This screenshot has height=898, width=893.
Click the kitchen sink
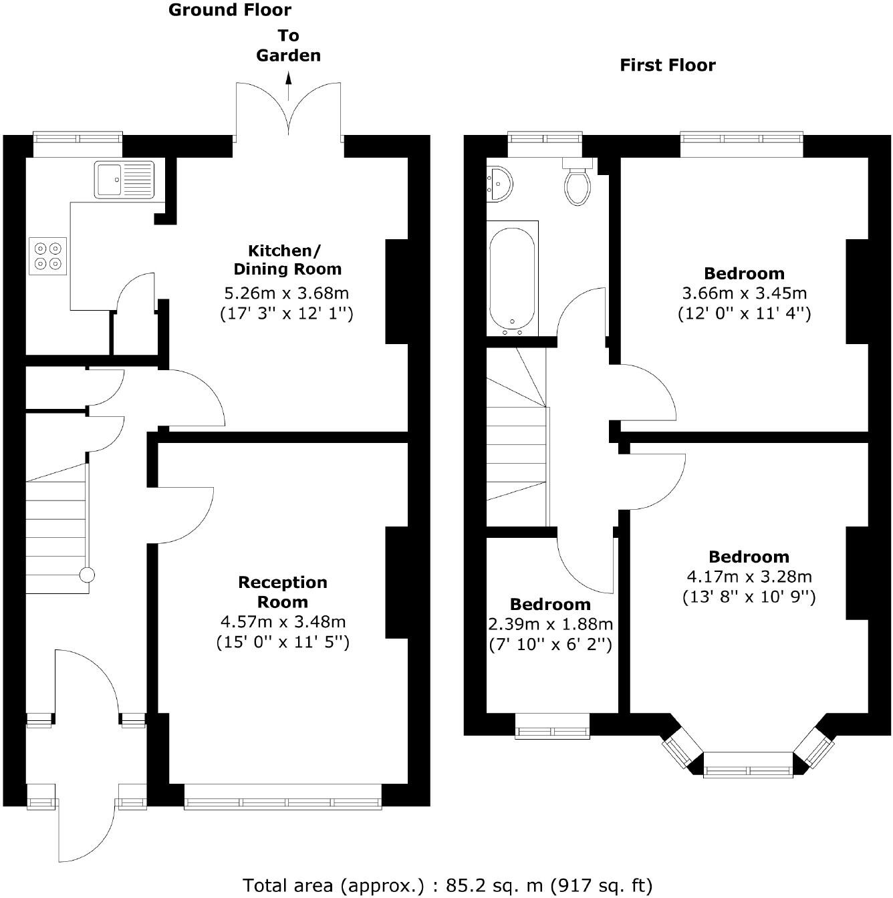[124, 180]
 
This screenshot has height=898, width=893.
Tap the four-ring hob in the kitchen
[47, 256]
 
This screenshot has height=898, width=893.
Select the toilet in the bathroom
[578, 182]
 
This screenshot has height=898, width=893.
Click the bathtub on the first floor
[512, 278]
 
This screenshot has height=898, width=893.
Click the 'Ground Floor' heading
[230, 10]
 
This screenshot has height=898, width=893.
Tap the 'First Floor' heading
[667, 65]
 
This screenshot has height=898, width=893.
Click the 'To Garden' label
[289, 45]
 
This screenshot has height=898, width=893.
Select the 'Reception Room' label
[283, 592]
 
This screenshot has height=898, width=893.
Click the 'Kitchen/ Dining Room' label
[287, 260]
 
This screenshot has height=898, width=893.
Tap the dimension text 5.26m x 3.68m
[286, 293]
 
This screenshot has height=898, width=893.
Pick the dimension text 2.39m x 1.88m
[550, 624]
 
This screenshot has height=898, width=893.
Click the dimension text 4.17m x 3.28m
[749, 577]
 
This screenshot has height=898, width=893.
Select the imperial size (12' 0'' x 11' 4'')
[744, 313]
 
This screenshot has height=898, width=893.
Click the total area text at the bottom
[447, 885]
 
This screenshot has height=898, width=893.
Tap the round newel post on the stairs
[87, 575]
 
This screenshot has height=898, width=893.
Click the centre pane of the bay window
[748, 765]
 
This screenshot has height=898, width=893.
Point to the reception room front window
[283, 797]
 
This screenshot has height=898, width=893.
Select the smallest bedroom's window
[552, 726]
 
